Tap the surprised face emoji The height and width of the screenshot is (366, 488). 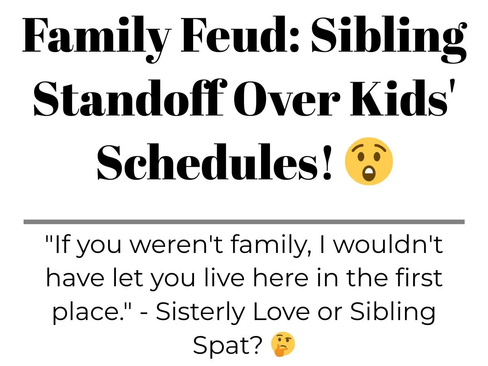(369, 161)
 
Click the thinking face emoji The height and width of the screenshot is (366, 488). (283, 344)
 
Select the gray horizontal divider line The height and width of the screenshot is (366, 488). (244, 222)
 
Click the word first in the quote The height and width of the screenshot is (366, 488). (418, 278)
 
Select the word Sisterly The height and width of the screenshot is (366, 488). (200, 313)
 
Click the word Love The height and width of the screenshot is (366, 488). (281, 311)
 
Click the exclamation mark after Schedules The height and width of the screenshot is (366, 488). (327, 162)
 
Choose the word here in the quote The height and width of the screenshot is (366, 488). (281, 278)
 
